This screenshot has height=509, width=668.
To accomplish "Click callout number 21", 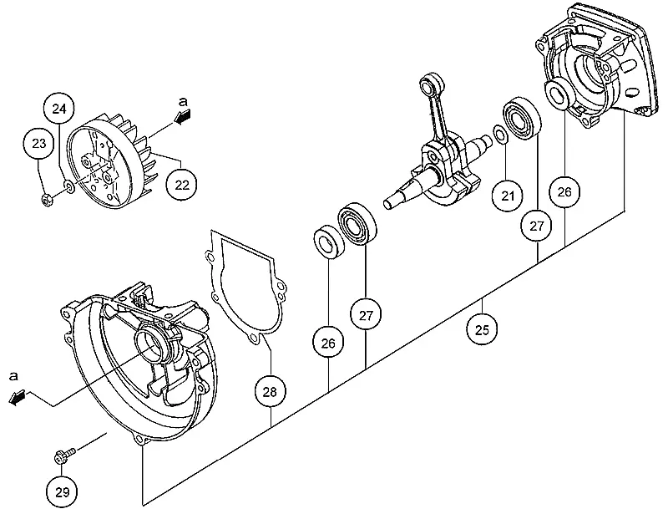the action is tap(508, 196).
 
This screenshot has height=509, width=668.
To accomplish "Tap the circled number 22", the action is tap(182, 185).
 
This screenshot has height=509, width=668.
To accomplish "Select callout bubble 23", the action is tap(38, 143).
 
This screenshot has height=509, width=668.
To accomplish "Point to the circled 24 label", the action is tap(59, 109).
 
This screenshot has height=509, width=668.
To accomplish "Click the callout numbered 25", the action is tap(482, 329).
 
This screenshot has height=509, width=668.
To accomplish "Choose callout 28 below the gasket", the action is tap(270, 391).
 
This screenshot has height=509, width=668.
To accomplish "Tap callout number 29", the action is tap(62, 492).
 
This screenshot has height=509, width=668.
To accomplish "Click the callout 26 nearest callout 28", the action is tap(328, 344).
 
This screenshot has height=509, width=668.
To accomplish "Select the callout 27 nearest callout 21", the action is tap(536, 226).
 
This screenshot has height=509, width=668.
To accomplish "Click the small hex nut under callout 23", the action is tap(47, 199).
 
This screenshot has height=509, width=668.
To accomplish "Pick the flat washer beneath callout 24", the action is tap(68, 186).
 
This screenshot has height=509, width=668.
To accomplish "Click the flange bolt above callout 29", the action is tap(64, 455).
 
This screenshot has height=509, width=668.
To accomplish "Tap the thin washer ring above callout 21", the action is tap(500, 134).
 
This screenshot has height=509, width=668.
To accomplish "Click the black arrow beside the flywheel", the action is tap(183, 116).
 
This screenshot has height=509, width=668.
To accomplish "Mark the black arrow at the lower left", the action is tap(18, 398).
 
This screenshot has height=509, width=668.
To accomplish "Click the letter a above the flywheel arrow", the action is tap(183, 101).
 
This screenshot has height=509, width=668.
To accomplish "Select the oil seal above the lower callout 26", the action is tap(329, 242).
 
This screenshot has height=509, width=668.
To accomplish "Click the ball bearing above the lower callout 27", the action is tap(357, 224).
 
